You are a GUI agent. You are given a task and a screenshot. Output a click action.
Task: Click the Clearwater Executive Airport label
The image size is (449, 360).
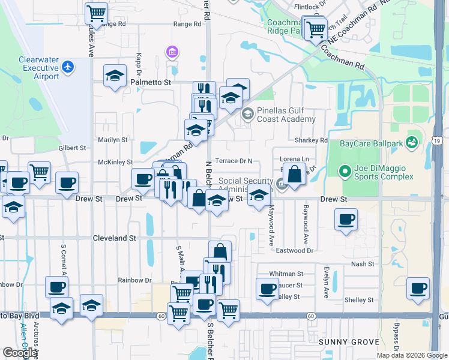click(x=38, y=68)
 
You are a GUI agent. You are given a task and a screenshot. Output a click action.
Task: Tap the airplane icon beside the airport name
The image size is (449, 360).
click(x=68, y=66)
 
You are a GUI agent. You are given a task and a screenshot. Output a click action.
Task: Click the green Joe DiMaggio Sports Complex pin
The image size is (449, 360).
click(x=344, y=172)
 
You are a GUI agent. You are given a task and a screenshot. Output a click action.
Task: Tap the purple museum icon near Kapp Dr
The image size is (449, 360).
click(x=173, y=53)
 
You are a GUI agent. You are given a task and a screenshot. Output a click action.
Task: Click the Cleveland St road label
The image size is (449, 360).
click(x=114, y=238)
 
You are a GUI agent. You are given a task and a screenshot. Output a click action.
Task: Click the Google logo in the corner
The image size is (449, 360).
click(x=20, y=353)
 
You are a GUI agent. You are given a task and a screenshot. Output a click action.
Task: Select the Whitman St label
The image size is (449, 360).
click(x=282, y=274)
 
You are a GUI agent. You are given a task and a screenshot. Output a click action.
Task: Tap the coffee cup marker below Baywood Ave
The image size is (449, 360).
click(x=345, y=220)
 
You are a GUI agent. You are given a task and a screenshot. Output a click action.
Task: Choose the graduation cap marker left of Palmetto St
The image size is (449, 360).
click(x=114, y=76)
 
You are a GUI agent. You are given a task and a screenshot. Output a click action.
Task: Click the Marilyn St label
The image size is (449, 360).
click(x=113, y=139)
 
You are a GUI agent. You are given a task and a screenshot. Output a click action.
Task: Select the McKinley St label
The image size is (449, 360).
click(x=115, y=162)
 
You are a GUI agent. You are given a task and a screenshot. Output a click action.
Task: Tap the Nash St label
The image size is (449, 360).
click(x=363, y=263)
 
